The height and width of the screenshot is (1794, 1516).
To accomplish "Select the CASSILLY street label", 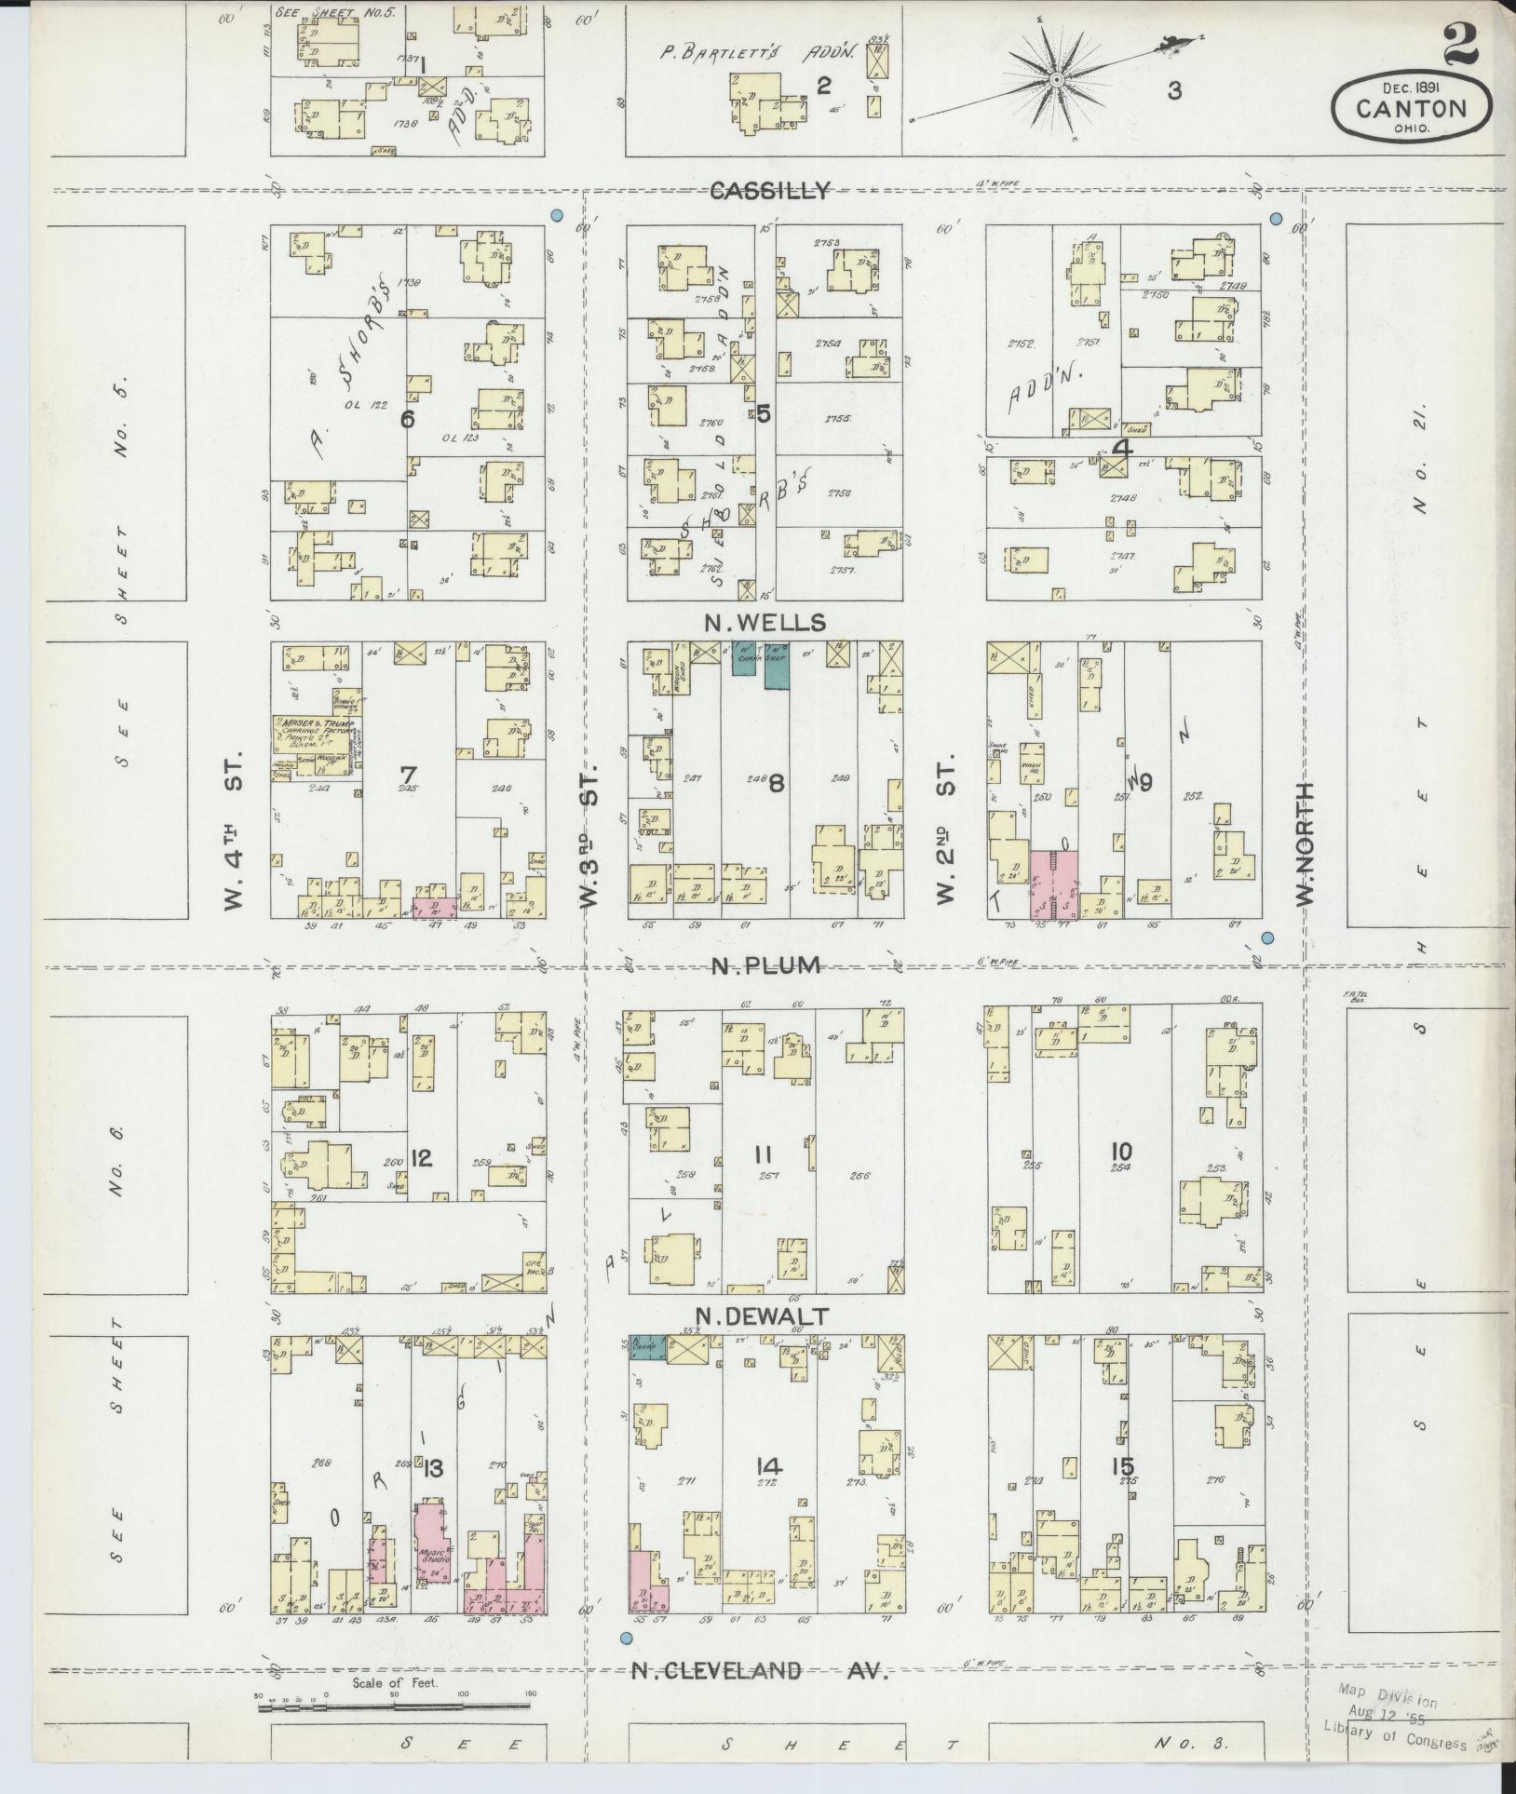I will [x=769, y=191].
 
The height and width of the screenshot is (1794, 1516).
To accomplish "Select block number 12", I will [x=421, y=1159].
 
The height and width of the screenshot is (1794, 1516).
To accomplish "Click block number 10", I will [x=1120, y=1153].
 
